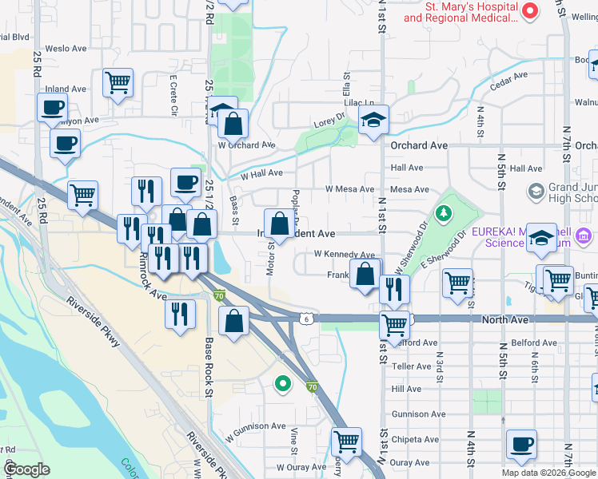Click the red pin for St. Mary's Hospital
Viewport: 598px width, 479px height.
(530, 10)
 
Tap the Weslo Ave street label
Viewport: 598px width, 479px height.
(66, 49)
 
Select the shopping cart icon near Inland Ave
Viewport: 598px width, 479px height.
(118, 82)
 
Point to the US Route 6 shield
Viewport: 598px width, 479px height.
(307, 318)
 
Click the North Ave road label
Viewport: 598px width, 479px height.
(505, 319)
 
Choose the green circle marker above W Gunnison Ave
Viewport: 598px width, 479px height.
(281, 385)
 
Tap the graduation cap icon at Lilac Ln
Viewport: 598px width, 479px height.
(373, 121)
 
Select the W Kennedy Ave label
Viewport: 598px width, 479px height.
(344, 254)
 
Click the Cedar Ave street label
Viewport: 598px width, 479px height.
(509, 81)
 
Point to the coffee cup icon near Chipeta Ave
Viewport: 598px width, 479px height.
(521, 445)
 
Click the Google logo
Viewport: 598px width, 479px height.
(26, 469)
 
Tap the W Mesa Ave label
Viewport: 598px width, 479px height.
(349, 189)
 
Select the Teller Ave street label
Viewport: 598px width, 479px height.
(411, 366)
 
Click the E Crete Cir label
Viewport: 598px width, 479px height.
(173, 96)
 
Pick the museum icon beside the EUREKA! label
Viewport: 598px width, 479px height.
(584, 236)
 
